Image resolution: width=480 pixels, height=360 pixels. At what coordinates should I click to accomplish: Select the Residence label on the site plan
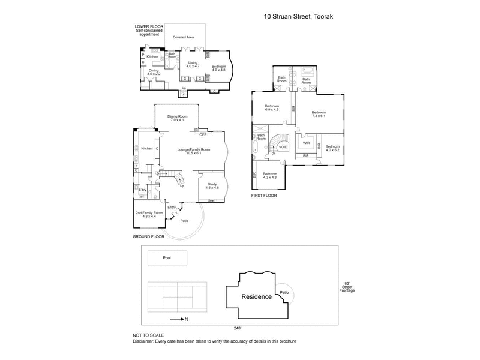coord(256,297)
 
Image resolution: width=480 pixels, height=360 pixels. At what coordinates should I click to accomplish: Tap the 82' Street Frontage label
coord(347,287)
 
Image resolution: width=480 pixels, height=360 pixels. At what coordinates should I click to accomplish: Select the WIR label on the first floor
coord(306,143)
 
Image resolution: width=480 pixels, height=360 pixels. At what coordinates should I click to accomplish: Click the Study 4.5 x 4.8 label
coord(212,186)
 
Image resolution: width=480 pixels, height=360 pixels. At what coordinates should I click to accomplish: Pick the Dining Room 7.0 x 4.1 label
coord(178,118)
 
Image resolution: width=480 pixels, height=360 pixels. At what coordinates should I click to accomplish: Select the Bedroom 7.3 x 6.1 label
coord(318,114)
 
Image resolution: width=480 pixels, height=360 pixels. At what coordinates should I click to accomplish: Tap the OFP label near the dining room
coord(203,136)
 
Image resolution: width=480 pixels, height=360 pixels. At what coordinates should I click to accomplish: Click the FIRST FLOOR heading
coord(265,196)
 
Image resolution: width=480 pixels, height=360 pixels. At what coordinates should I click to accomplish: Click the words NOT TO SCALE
coord(148,335)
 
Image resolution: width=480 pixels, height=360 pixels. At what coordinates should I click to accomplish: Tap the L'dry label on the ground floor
coord(143,190)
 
